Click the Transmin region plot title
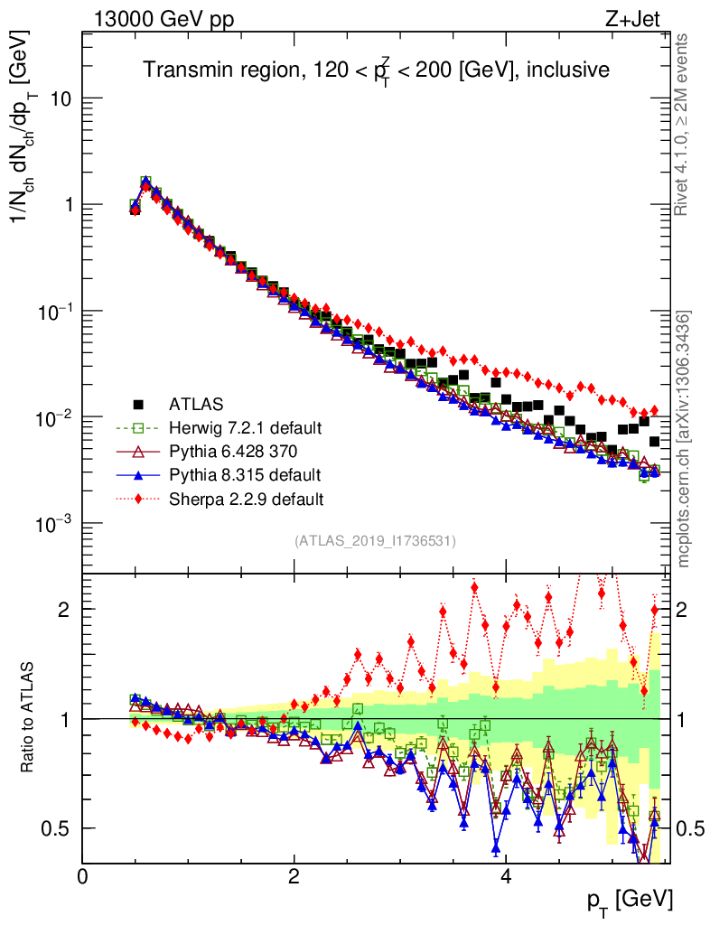(376, 70)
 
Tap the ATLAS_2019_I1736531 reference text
(375, 541)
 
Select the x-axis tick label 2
(294, 877)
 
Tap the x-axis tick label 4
(506, 877)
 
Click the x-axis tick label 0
(82, 877)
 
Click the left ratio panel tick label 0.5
(56, 828)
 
